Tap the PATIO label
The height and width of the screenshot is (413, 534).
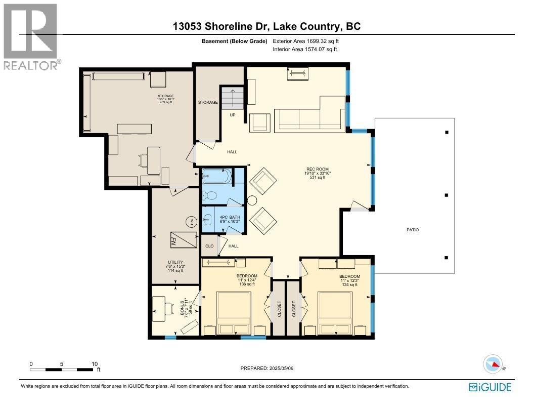coord(413,230)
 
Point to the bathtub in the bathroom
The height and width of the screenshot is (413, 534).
coord(216,177)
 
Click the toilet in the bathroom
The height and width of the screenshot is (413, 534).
coord(211,195)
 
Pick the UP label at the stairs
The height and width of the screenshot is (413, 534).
coord(233,115)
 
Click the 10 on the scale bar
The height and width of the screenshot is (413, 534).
coord(95,363)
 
